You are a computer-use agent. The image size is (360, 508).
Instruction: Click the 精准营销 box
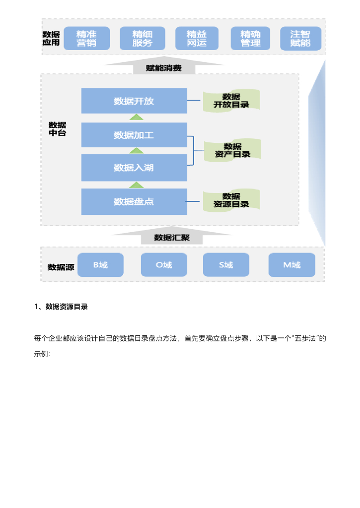[86, 39]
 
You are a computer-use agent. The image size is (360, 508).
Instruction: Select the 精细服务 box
[142, 39]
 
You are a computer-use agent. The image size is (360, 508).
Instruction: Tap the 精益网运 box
[197, 39]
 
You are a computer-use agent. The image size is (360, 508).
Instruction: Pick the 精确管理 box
[251, 39]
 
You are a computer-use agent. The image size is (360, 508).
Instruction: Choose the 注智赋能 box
[300, 39]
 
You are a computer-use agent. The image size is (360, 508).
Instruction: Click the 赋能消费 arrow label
[163, 68]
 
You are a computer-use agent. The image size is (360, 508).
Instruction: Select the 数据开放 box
[134, 101]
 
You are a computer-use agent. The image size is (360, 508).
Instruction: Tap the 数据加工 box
[134, 135]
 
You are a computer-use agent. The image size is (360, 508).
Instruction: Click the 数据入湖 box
[134, 168]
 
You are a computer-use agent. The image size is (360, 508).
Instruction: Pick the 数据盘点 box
[134, 201]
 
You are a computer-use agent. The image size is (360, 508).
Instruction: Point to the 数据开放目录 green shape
[231, 101]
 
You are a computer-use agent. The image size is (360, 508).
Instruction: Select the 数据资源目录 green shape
[231, 200]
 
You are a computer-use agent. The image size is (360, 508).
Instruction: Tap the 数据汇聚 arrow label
[171, 238]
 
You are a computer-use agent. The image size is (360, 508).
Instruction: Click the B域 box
[100, 265]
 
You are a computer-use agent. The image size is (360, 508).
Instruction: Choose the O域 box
[164, 265]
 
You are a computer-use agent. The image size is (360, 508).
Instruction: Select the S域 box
[226, 265]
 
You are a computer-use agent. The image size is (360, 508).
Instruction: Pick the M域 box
[291, 265]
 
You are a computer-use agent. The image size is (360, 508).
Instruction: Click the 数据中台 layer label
[57, 129]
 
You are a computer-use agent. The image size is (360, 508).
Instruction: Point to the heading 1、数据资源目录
[61, 307]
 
